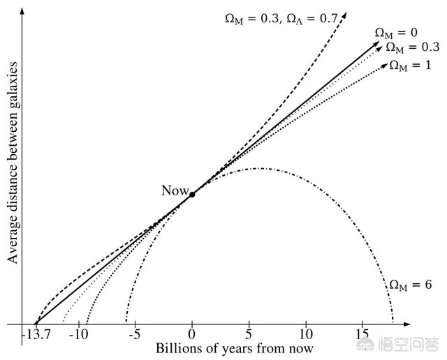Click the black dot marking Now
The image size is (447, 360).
(192, 195)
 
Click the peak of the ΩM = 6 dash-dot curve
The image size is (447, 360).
(258, 168)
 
